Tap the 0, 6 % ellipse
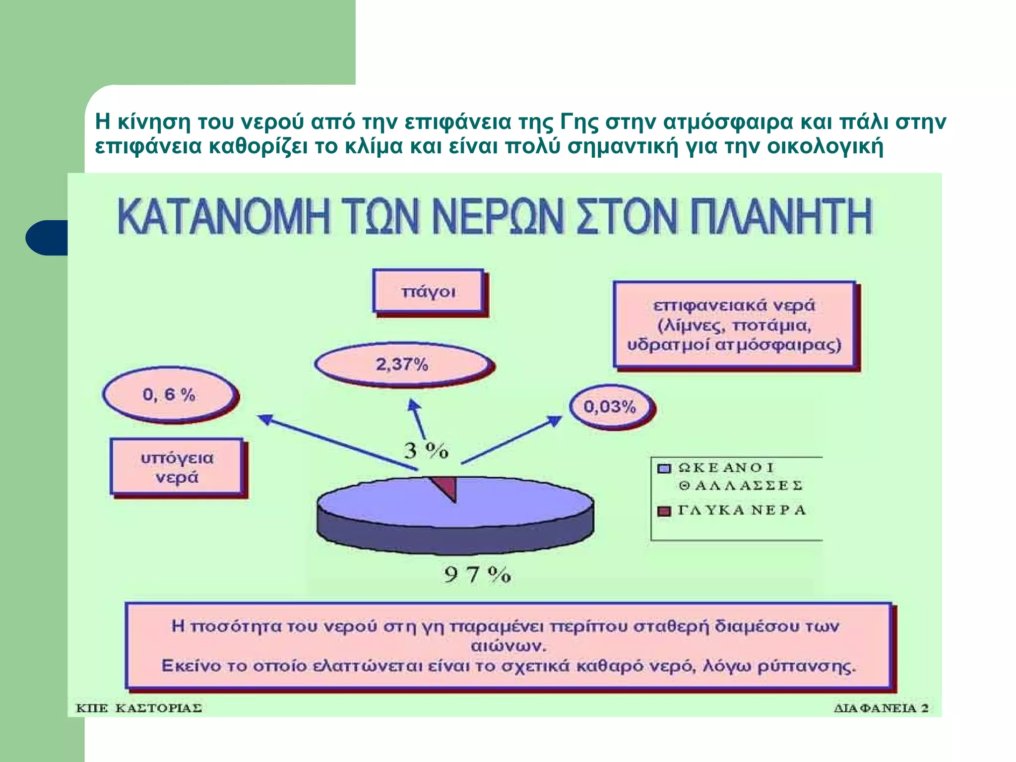[169, 395]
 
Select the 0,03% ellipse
[610, 407]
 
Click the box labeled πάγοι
[428, 292]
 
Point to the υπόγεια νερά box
[177, 467]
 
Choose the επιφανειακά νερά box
[734, 325]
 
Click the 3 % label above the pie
[426, 451]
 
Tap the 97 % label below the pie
[477, 575]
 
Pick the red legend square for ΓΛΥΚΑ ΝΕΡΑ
[664, 511]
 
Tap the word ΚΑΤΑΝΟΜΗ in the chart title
[223, 216]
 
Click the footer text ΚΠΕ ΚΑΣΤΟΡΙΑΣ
[139, 708]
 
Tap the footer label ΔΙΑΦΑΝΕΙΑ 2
[881, 708]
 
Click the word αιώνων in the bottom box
[508, 646]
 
